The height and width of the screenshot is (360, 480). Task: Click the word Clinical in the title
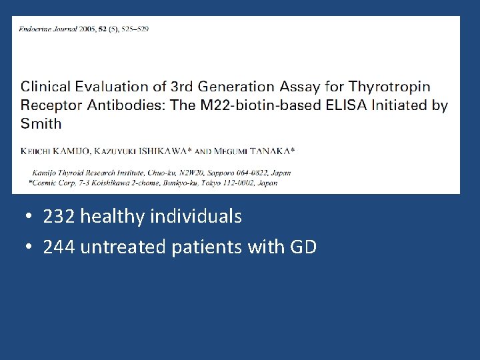pyautogui.click(x=45, y=87)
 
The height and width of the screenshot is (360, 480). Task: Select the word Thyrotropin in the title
pyautogui.click(x=390, y=87)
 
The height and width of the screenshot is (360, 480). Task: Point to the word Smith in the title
pyautogui.click(x=41, y=123)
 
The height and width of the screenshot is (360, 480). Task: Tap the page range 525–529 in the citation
pyautogui.click(x=134, y=29)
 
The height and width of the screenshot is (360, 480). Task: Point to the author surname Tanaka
pyautogui.click(x=269, y=151)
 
